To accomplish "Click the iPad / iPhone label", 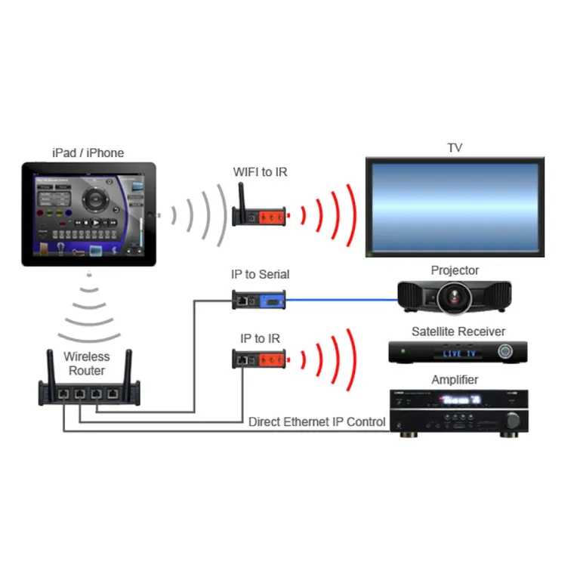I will [88, 153].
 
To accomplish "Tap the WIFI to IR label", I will [260, 173].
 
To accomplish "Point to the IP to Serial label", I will [260, 274].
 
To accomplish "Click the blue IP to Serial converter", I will [270, 301].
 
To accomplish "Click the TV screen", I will [454, 205].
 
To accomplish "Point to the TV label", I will [454, 148].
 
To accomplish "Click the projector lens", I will [454, 298].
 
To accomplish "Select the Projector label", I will [455, 270].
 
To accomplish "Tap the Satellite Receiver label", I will [458, 332].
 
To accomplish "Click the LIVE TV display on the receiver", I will [462, 353].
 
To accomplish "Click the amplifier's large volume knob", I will [514, 419].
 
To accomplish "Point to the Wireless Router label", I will [86, 363].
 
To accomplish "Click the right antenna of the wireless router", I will [128, 366].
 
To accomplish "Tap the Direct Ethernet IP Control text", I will [317, 422].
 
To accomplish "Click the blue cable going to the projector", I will [340, 300].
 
